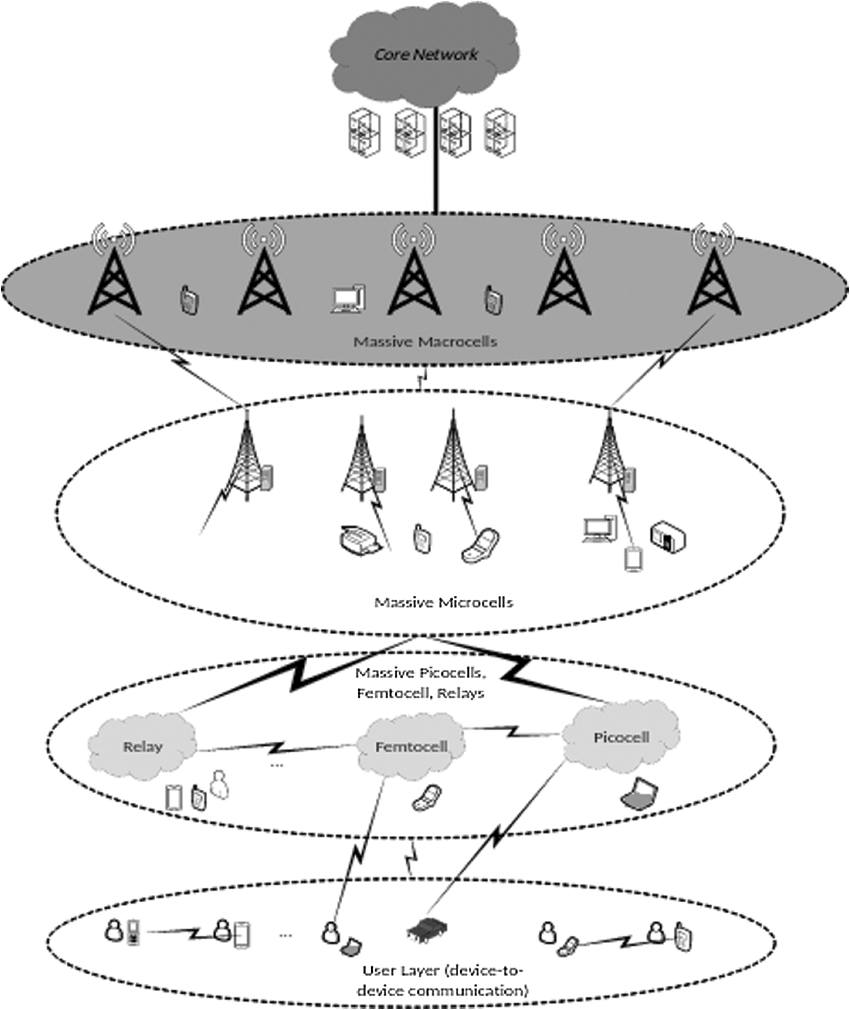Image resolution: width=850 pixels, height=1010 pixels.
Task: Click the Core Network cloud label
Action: point(426,54)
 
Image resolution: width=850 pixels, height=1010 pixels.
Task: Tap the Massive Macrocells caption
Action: point(425,342)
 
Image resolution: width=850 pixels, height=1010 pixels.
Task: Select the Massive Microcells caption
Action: point(443,602)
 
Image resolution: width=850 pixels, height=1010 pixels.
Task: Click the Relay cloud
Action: point(142,747)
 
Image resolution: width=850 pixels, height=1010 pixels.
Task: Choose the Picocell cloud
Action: point(621,738)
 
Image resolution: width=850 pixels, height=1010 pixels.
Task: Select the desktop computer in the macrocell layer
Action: point(348,299)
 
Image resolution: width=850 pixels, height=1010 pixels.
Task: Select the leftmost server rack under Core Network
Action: point(364,133)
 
